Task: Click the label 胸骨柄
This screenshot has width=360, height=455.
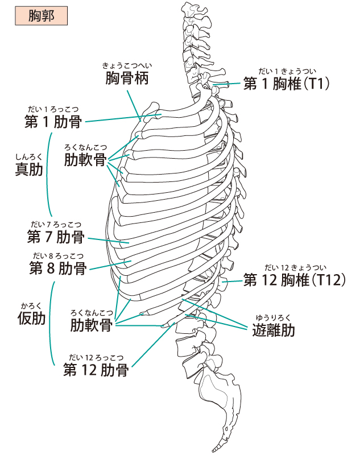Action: (x=127, y=78)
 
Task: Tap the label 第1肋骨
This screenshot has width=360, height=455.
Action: (x=52, y=121)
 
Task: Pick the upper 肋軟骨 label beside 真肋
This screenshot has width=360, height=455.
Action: (x=85, y=159)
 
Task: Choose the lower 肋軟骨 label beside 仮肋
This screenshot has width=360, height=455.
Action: (x=92, y=325)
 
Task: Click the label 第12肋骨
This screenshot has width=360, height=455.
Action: (x=96, y=371)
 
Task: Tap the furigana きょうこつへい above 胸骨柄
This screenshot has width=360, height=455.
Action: (x=127, y=65)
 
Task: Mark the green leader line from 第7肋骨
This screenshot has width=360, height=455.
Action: (x=108, y=240)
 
